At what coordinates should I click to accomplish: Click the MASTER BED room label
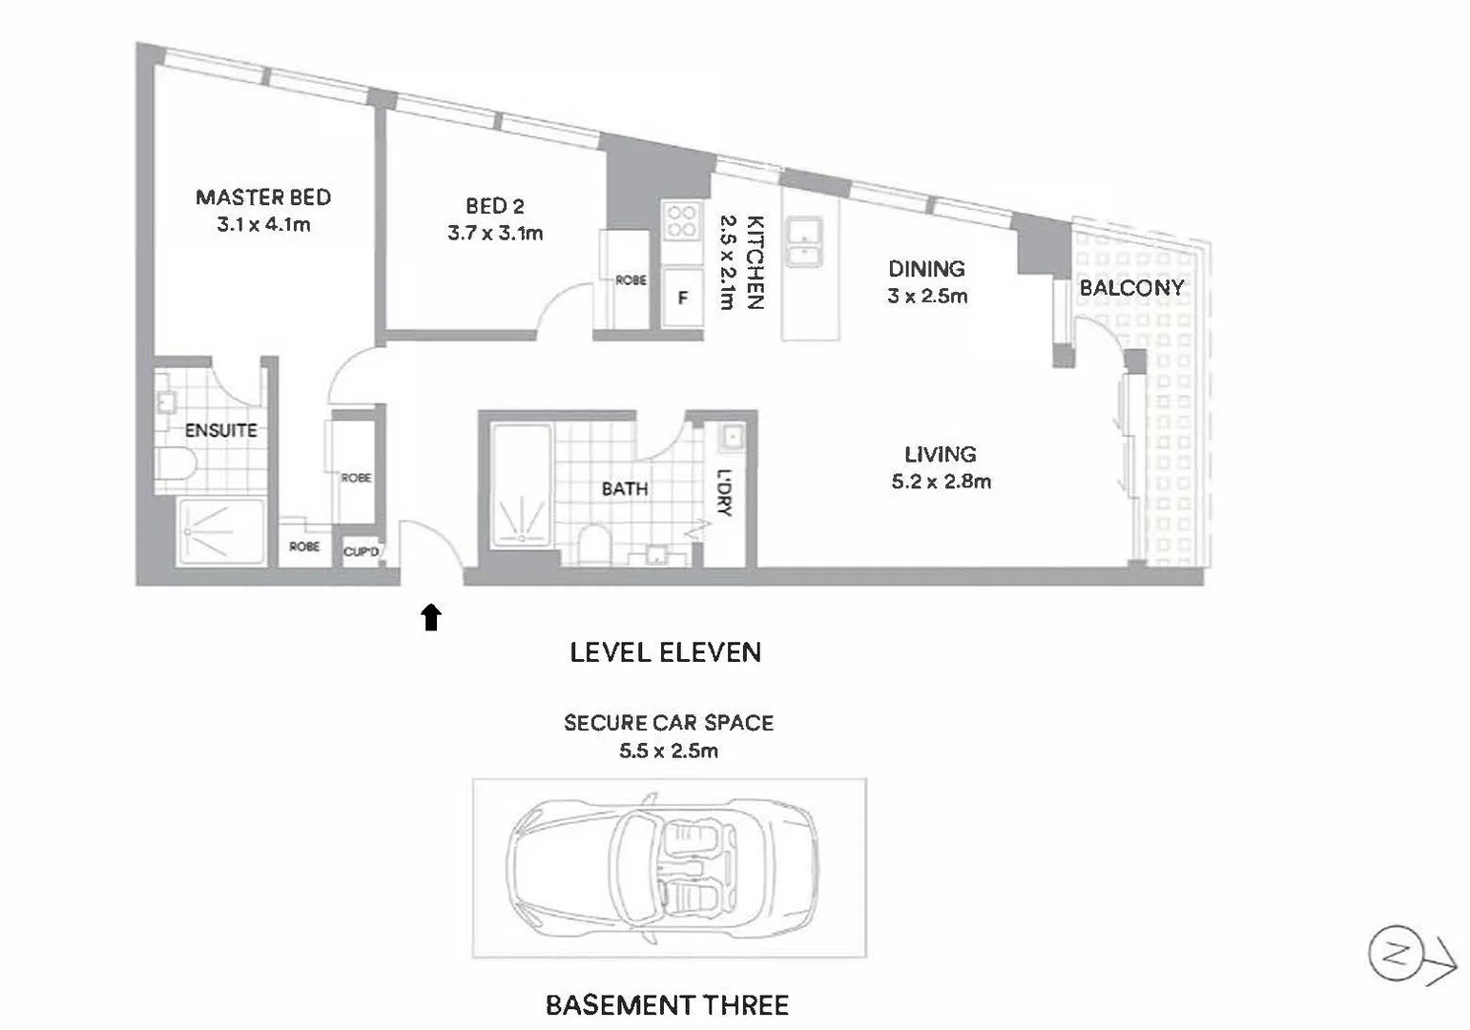point(263,197)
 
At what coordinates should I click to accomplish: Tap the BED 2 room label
point(494,206)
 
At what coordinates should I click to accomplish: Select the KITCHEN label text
point(755,262)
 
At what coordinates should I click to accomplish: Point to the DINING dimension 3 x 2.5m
point(927,296)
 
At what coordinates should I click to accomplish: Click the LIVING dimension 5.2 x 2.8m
point(941,482)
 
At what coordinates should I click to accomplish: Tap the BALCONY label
point(1131,287)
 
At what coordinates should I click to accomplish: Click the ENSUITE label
point(220,431)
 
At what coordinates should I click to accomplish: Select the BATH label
point(625,489)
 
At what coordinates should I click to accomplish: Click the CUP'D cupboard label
point(361,552)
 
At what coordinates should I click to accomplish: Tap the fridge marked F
point(683,299)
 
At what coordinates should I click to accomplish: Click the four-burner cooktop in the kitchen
point(681,221)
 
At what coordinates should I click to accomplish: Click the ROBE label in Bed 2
point(631,280)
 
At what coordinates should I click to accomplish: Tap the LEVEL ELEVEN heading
point(665,653)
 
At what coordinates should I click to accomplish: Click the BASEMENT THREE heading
point(667,1005)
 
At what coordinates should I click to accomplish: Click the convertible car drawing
point(664,869)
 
